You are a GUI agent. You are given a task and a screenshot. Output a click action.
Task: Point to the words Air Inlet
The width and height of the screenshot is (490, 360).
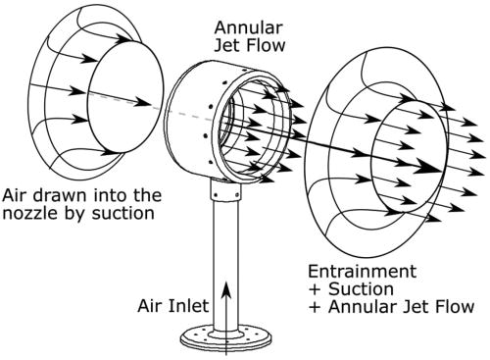coord(173,305)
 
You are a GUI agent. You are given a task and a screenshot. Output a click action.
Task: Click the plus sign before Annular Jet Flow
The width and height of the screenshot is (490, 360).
coord(314,307)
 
